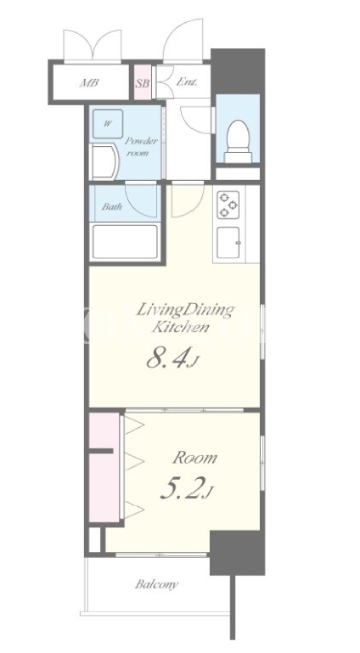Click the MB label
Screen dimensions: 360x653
click(89, 82)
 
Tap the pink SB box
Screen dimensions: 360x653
click(143, 82)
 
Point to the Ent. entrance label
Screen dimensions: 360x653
click(187, 82)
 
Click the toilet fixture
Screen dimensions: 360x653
click(238, 141)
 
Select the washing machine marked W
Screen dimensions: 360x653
click(108, 124)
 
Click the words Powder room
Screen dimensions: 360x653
click(141, 147)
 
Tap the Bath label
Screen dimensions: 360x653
click(111, 206)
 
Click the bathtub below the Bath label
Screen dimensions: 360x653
click(126, 241)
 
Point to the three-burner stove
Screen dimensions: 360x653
click(228, 205)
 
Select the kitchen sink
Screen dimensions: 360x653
click(228, 242)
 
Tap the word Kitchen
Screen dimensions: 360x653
click(180, 327)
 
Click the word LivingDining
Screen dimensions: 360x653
click(186, 311)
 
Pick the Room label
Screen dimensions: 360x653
click(194, 458)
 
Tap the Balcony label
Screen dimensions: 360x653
click(156, 585)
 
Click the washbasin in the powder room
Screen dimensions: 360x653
click(104, 161)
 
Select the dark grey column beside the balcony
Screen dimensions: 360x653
click(237, 553)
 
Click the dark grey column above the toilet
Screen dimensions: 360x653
click(238, 71)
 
